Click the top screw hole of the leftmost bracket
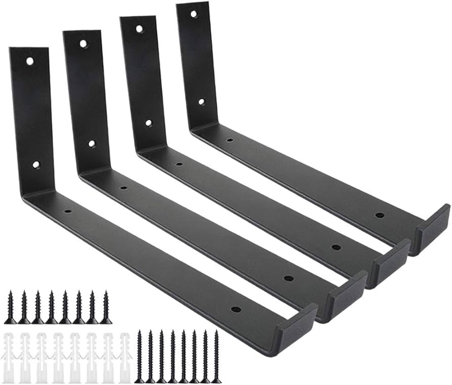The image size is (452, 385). coord(30,61)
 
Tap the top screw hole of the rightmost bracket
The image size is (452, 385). coord(194,14)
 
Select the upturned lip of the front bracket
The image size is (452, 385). coord(295,328)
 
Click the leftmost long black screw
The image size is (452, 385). coord(139,356)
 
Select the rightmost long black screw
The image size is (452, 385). coord(216,356)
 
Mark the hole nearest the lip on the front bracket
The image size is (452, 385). coord(236,309)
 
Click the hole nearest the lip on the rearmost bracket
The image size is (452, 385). coord(379,215)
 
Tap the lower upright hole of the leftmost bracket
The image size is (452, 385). coord(36,164)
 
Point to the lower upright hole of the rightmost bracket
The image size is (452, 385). coord(201,102)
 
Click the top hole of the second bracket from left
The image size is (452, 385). coord(83,44)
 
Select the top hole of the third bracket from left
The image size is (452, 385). coord(139,29)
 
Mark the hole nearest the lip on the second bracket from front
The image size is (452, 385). coord(288,278)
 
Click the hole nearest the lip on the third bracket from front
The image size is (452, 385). coord(336,247)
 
